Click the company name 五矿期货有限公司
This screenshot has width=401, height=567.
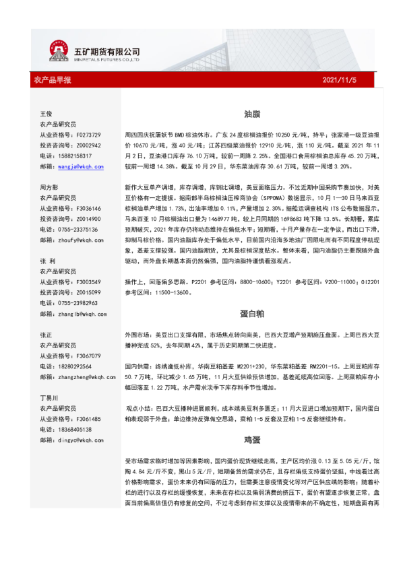106,51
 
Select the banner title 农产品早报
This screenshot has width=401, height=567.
53,80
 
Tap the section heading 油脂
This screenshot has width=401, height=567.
253,114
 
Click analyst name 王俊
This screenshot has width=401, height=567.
47,114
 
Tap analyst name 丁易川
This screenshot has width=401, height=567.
49,398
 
